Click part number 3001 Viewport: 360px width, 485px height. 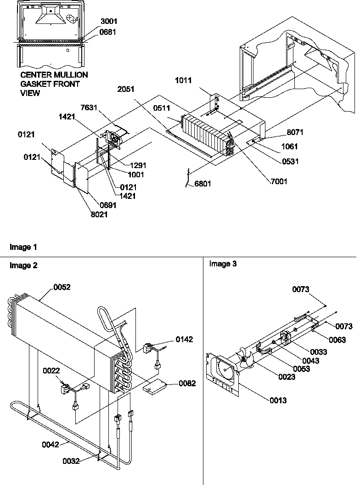108,22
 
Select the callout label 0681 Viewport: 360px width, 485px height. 108,32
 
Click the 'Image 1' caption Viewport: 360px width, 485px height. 23,247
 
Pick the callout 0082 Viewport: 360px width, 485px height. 186,383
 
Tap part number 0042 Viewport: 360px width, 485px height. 51,444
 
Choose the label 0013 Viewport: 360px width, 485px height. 277,400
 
